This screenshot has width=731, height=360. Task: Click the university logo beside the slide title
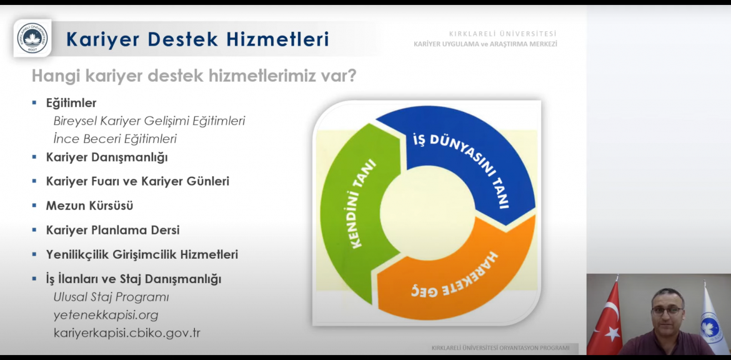pyautogui.click(x=32, y=37)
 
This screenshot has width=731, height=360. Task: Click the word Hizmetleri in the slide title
pyautogui.click(x=278, y=39)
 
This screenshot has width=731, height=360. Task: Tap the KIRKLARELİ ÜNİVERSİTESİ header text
pyautogui.click(x=502, y=34)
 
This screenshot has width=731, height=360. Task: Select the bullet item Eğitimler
pyautogui.click(x=71, y=103)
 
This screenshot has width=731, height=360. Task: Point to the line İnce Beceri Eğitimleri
pyautogui.click(x=115, y=139)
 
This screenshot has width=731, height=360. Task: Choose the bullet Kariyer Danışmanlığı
pyautogui.click(x=107, y=157)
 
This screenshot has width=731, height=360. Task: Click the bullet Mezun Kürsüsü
pyautogui.click(x=89, y=206)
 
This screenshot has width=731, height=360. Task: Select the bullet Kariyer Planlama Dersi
pyautogui.click(x=112, y=231)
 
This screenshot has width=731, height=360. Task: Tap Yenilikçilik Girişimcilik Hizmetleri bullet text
pyautogui.click(x=142, y=254)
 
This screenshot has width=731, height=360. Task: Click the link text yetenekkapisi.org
pyautogui.click(x=106, y=316)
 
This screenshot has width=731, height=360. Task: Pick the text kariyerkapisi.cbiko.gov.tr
pyautogui.click(x=127, y=333)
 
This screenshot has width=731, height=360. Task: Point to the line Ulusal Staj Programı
pyautogui.click(x=111, y=297)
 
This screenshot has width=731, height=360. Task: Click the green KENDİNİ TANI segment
pyautogui.click(x=357, y=205)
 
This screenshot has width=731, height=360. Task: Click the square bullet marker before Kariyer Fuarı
pyautogui.click(x=34, y=181)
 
